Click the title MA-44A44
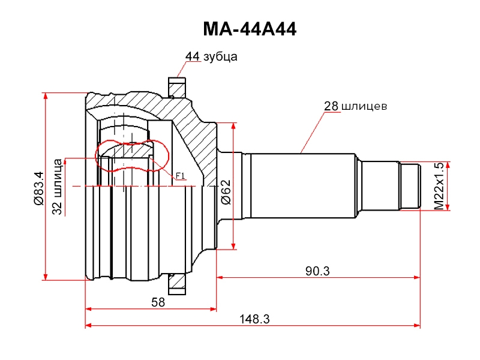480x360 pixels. (x=250, y=29)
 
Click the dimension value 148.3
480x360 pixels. (x=254, y=319)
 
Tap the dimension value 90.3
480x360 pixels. (x=317, y=271)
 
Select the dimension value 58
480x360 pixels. (x=158, y=302)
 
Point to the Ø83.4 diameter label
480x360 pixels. (x=39, y=188)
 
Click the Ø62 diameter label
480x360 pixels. (x=226, y=192)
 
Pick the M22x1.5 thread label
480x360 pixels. (x=439, y=186)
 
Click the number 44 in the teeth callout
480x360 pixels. (x=192, y=56)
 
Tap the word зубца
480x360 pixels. (x=220, y=57)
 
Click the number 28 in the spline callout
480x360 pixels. (x=331, y=106)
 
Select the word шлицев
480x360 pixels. (x=364, y=106)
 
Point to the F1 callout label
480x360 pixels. (x=181, y=176)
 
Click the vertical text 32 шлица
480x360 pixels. (x=57, y=187)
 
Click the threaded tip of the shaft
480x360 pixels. (x=410, y=186)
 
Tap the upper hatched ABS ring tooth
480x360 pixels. (x=177, y=88)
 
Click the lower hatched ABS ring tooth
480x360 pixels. (x=177, y=284)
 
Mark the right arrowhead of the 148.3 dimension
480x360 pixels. (x=417, y=325)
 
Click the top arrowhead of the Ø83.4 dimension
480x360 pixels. (x=46, y=96)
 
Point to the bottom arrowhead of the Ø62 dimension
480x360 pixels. (x=233, y=246)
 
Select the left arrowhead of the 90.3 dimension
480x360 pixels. (x=220, y=277)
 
